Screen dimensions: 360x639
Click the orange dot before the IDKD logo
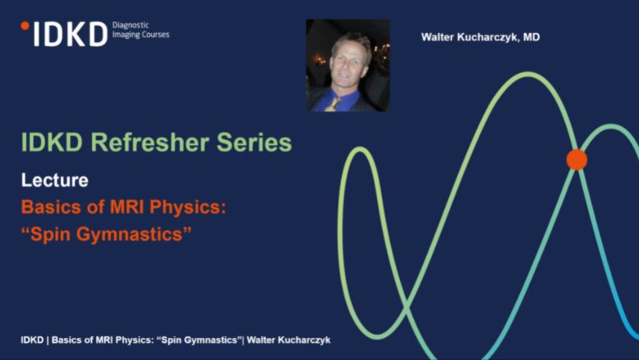(24, 26)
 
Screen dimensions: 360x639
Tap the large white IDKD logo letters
(69, 34)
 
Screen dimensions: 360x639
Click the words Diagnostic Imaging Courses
(141, 30)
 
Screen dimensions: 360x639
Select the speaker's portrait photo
(347, 65)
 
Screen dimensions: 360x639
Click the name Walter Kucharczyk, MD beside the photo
(481, 37)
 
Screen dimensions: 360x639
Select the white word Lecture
(54, 180)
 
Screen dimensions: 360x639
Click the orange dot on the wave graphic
(577, 159)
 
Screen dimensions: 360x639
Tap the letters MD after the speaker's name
(531, 37)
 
